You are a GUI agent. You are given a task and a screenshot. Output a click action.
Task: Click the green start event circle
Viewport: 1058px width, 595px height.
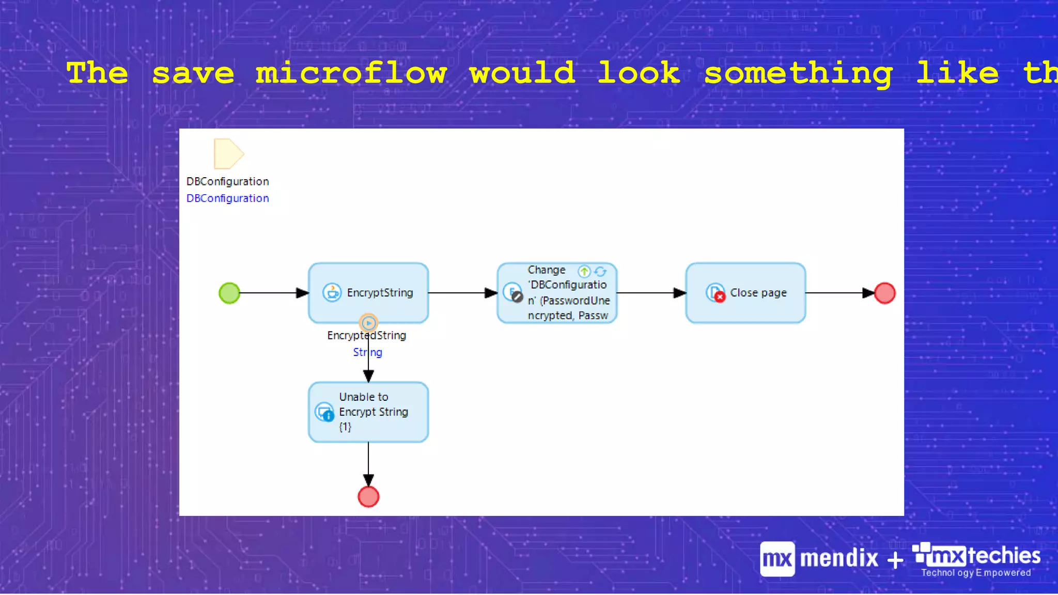pos(229,293)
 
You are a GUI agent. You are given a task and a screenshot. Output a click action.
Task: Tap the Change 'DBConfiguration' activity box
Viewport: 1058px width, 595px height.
pos(557,293)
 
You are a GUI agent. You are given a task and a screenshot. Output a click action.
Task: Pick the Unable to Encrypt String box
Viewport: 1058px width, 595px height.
pos(368,412)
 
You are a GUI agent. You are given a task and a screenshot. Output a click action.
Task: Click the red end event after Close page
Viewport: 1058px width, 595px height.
pos(884,293)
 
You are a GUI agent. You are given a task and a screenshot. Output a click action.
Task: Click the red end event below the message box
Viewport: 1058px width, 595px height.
pos(368,497)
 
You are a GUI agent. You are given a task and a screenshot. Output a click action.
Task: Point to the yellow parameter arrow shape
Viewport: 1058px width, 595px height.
pos(228,154)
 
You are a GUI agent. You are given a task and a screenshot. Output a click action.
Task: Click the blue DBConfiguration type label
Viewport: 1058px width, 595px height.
pos(228,198)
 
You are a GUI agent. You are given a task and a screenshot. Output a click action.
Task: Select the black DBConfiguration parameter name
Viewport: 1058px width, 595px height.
pos(228,181)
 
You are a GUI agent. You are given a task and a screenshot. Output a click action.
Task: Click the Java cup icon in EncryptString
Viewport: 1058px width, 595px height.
pos(332,292)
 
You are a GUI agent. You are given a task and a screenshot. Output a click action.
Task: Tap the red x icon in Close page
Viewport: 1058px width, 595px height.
pos(719,296)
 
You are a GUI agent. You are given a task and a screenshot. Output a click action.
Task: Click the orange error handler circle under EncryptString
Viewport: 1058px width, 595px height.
pos(368,323)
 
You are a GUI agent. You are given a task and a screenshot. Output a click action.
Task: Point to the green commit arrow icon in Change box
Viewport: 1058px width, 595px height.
pos(584,271)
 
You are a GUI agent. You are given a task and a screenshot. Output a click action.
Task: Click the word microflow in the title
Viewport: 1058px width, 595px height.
pos(351,73)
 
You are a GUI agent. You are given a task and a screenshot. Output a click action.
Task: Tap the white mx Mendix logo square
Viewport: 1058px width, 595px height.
pos(777,559)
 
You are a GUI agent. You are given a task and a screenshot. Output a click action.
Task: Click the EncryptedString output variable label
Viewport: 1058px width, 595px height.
pos(366,336)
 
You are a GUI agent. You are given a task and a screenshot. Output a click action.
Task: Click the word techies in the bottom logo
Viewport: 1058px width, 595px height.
pos(1004,556)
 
